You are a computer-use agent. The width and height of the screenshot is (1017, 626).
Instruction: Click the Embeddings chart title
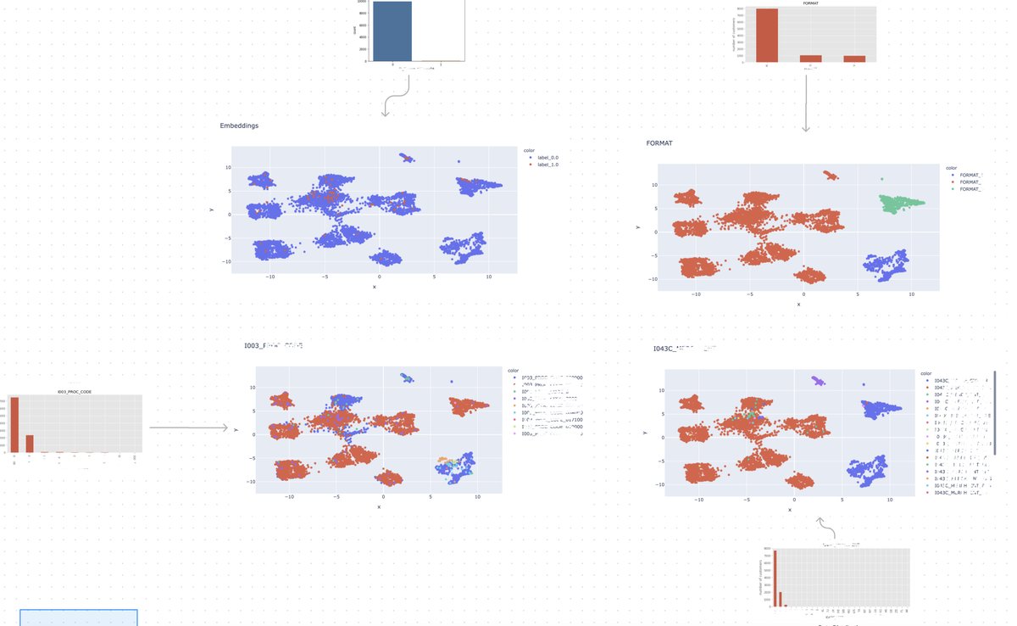(x=239, y=126)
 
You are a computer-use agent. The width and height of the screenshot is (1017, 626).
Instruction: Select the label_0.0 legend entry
(x=547, y=158)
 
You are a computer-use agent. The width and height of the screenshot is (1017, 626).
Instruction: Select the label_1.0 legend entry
(x=547, y=165)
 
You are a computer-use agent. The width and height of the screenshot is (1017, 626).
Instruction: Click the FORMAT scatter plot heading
(x=659, y=143)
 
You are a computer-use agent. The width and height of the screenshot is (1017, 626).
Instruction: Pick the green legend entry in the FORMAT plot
(x=970, y=189)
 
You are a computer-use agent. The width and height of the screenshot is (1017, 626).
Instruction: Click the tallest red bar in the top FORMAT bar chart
(x=766, y=35)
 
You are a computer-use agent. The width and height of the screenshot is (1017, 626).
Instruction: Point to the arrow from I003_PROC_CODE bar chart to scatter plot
(x=188, y=428)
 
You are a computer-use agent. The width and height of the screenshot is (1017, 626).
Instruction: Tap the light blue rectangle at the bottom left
(x=78, y=618)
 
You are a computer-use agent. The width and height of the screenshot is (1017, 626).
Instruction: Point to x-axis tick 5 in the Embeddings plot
(x=434, y=277)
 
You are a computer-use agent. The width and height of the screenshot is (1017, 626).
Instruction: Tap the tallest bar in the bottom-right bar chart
(x=775, y=578)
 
